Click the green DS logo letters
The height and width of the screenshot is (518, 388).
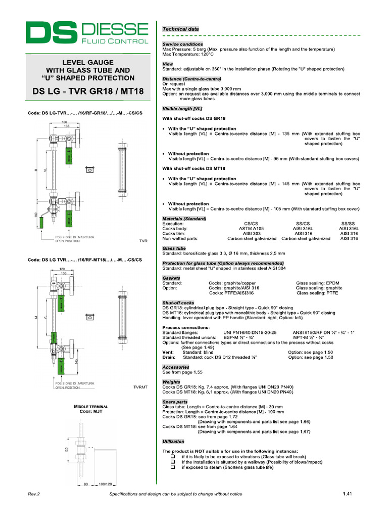51,33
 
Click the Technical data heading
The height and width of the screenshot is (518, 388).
180,29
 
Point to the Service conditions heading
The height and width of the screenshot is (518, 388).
182,45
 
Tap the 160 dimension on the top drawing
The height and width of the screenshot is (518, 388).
64,122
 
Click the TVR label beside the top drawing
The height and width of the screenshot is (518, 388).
143,241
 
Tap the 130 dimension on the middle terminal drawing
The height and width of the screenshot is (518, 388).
66,450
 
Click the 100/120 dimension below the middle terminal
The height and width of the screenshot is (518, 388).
105,484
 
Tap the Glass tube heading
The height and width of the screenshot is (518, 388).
174,248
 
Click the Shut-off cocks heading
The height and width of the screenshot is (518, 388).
178,303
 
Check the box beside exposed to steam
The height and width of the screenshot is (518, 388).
173,467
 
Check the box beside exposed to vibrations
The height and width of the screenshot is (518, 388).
173,456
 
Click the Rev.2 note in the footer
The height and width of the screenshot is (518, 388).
33,494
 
